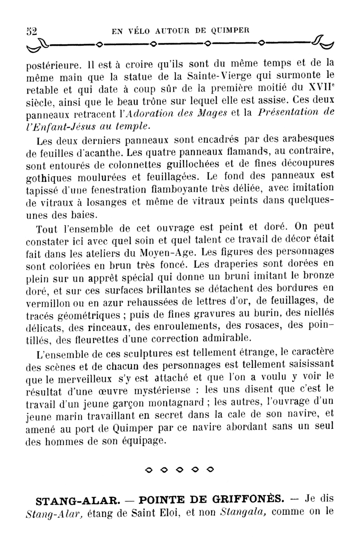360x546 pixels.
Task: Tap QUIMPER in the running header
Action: click(x=230, y=30)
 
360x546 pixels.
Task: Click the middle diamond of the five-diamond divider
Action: click(x=179, y=469)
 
